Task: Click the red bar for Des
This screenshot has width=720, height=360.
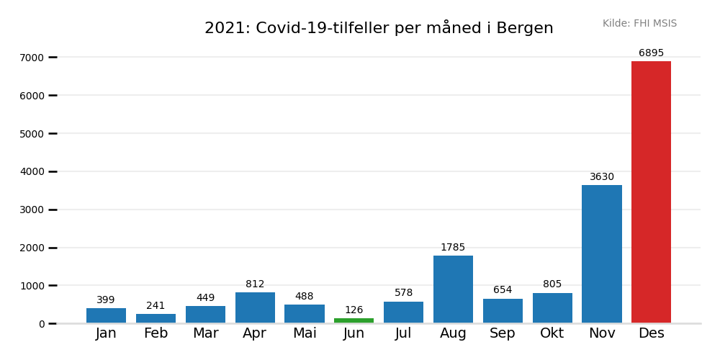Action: [x=651, y=192]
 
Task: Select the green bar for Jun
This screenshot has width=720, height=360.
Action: [x=354, y=320]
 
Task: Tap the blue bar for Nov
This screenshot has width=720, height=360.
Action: [x=602, y=254]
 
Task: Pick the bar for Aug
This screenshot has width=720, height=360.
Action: [x=453, y=289]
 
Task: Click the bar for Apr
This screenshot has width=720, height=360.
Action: [x=255, y=308]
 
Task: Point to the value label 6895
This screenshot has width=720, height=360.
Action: [x=651, y=53]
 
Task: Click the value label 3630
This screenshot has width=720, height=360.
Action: [x=602, y=177]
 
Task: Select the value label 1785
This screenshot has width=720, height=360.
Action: [x=453, y=248]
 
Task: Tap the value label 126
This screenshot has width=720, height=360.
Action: [x=354, y=310]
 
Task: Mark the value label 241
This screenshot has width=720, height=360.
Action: [x=156, y=306]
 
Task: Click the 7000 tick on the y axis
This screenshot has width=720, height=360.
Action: [x=32, y=58]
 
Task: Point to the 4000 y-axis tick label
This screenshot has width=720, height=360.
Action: [x=32, y=171]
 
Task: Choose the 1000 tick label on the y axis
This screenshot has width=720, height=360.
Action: [x=32, y=286]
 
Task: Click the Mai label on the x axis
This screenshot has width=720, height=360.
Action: [x=305, y=333]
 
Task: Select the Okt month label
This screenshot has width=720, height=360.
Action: [x=552, y=333]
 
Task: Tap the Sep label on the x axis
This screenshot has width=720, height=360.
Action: [x=503, y=333]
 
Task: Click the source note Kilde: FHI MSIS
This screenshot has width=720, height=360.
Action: [x=639, y=24]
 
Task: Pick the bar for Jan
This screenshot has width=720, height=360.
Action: [x=106, y=316]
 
